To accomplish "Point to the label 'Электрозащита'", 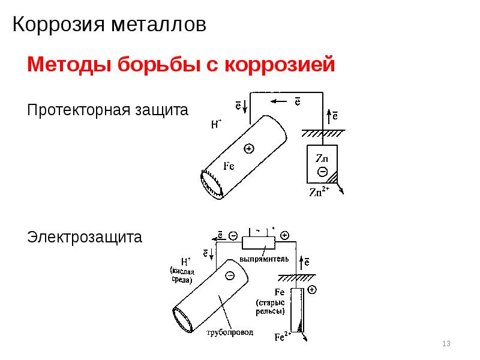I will [x=85, y=238].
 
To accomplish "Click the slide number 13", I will [x=446, y=344].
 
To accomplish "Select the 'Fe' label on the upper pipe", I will [x=229, y=166].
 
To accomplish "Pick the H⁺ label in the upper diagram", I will [x=217, y=125].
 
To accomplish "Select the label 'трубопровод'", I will [x=230, y=331].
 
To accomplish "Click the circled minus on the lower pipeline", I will [x=229, y=275].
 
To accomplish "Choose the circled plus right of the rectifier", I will [x=284, y=236].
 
